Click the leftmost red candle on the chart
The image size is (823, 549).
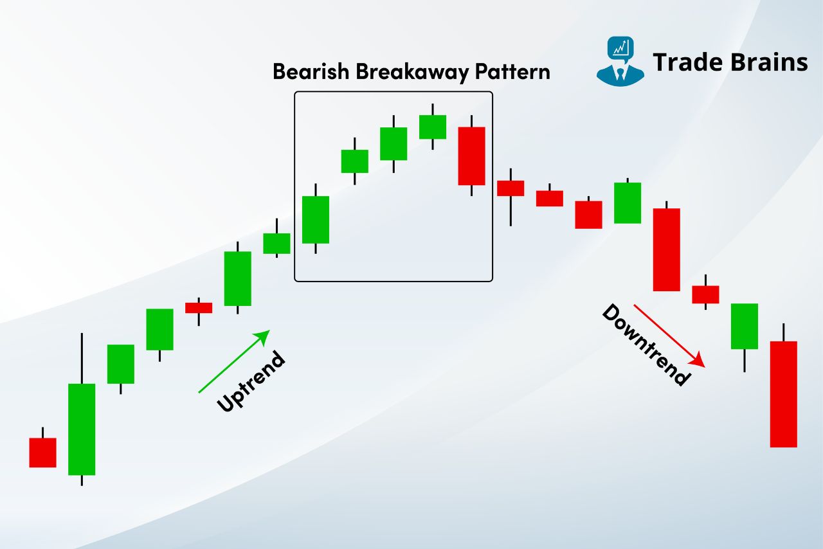pos(42,452)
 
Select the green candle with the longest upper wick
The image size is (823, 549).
pos(82,429)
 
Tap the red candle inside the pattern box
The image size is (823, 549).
pos(471,156)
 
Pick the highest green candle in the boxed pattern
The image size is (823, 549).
pos(433,127)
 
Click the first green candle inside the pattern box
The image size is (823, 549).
pos(316,219)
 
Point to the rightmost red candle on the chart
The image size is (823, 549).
pos(783,393)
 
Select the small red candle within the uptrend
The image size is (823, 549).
pos(199,307)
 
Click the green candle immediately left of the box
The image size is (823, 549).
pos(276,243)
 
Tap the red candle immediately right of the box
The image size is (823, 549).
pos(511,188)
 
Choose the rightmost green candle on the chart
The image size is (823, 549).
pos(745,326)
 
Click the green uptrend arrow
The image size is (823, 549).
pos(234,361)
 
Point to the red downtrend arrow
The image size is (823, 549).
pos(669,336)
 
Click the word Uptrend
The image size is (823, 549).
pos(251,382)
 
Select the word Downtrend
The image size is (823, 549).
pos(646,345)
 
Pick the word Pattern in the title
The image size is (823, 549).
pos(512,71)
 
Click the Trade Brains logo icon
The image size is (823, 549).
pos(620,62)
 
